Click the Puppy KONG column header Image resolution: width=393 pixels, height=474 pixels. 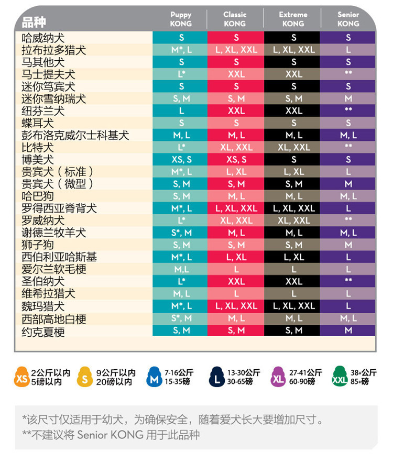(181, 19)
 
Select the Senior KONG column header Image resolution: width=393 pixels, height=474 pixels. (348, 19)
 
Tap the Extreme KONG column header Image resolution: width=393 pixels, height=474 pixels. (293, 19)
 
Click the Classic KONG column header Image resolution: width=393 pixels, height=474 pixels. (235, 19)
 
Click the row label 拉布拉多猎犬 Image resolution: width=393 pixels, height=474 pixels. (54, 50)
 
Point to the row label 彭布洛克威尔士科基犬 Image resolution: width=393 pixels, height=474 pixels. (75, 136)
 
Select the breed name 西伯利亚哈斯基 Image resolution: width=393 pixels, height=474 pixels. (59, 257)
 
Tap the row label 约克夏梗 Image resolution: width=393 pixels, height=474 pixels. (43, 332)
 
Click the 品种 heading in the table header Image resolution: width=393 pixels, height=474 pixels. (34, 22)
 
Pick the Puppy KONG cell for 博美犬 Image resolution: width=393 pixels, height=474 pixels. (181, 160)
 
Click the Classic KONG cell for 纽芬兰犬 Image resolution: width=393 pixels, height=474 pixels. (236, 111)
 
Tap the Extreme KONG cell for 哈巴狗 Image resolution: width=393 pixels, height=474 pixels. (294, 196)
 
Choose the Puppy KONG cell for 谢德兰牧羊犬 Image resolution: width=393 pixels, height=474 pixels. (181, 233)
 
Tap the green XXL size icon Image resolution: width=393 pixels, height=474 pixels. (340, 377)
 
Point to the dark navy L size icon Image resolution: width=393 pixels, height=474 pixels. (216, 377)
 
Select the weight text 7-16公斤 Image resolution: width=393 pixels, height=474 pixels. (179, 372)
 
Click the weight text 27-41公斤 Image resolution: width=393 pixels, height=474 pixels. (305, 372)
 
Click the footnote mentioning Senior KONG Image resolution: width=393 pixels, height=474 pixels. (111, 435)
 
